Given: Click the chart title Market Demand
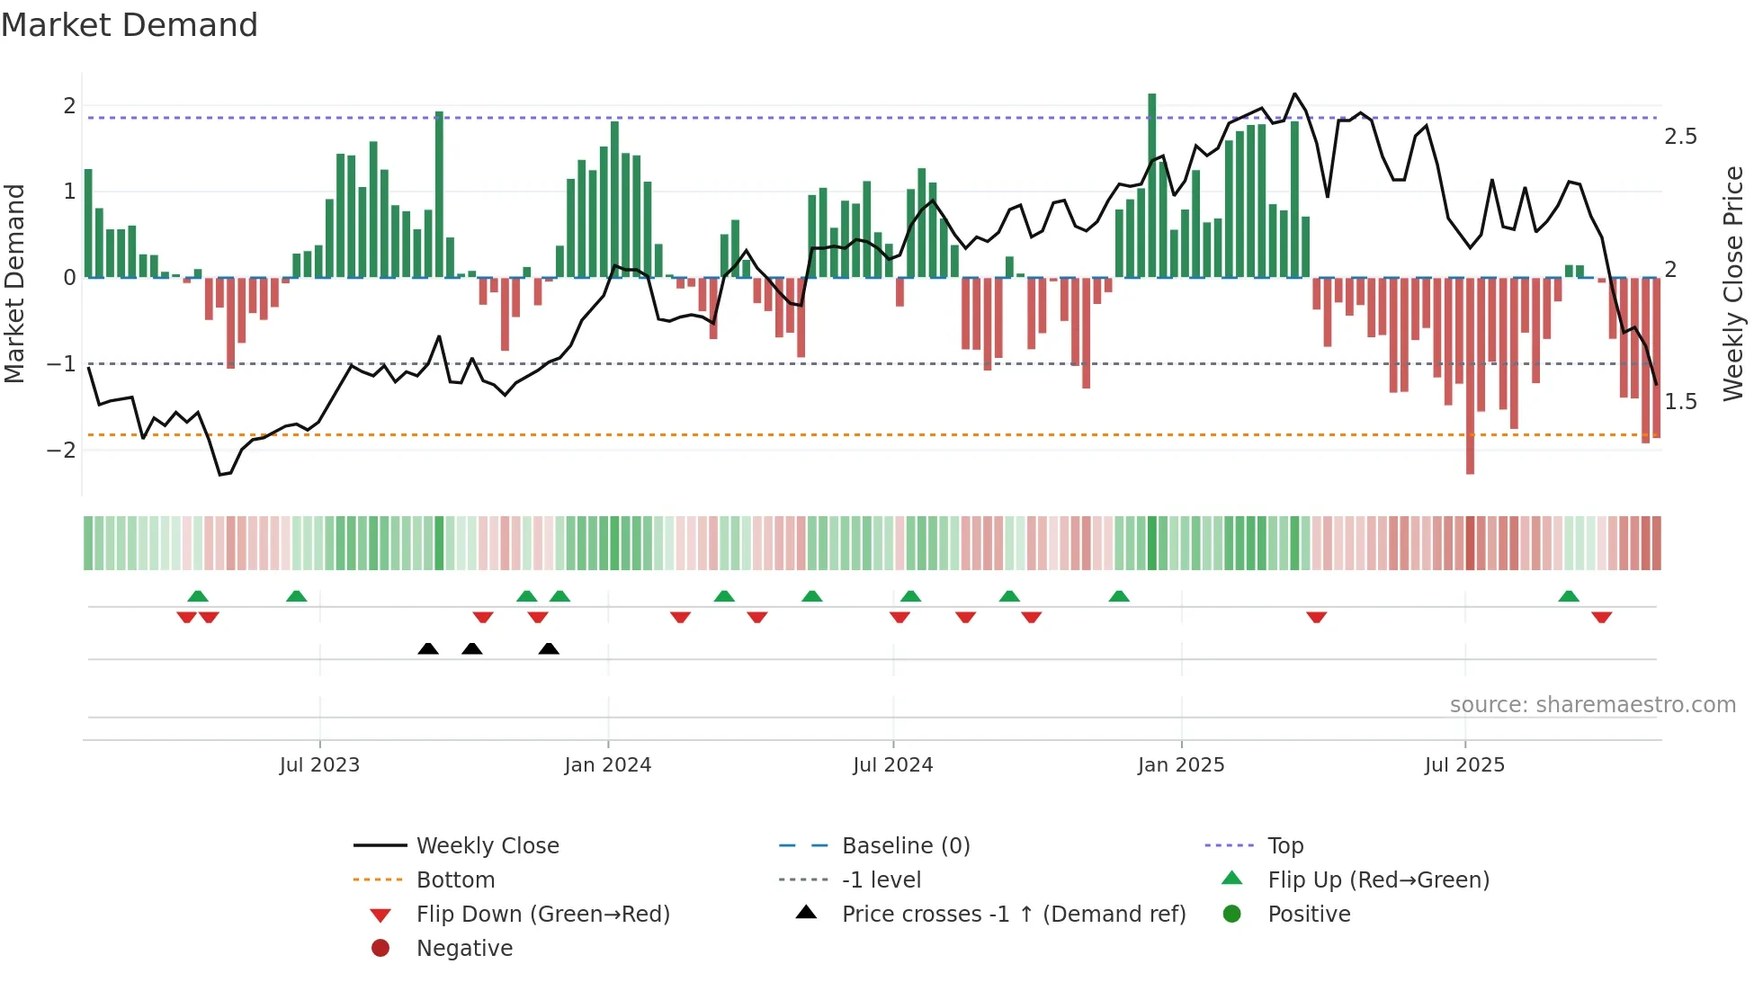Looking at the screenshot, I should point(130,25).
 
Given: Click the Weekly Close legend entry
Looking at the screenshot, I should point(487,845).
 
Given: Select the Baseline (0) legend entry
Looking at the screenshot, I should point(905,845).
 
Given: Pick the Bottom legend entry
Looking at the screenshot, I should point(455,879).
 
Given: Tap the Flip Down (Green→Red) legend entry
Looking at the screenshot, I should point(542,914).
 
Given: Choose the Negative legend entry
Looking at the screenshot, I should point(464,948).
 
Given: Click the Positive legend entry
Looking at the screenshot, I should point(1309,914).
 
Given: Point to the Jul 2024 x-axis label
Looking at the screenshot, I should point(892,765).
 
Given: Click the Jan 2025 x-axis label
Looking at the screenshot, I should point(1180,765).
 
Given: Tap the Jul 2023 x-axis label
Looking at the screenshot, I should point(319,765).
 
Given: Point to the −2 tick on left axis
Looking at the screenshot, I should point(61,450).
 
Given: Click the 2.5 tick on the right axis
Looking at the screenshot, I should point(1680,137).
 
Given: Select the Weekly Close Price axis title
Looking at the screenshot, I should point(1732,283).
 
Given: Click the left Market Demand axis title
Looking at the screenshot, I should point(14,283).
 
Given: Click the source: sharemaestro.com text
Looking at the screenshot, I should point(1592,704).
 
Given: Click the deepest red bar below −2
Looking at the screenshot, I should point(1470,378).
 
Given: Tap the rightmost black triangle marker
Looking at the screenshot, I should point(549,648).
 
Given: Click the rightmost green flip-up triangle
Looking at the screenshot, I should point(1569,596).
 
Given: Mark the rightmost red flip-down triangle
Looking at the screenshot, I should point(1601,617).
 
